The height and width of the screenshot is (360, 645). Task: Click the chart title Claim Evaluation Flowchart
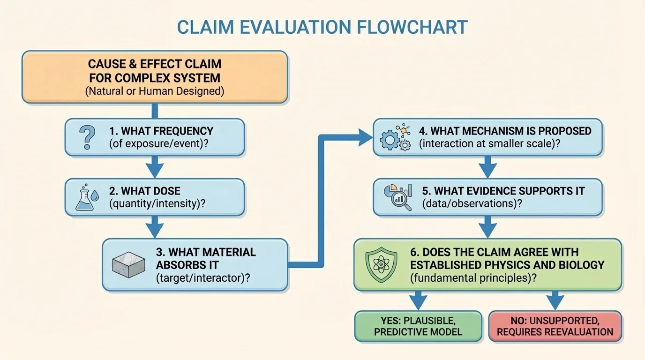pyautogui.click(x=322, y=27)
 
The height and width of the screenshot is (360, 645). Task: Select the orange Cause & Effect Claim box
pyautogui.click(x=155, y=77)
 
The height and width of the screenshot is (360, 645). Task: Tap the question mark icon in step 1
pyautogui.click(x=87, y=137)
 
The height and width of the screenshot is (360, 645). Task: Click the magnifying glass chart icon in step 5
pyautogui.click(x=397, y=197)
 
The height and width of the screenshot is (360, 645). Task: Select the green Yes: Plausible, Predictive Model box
pyautogui.click(x=418, y=326)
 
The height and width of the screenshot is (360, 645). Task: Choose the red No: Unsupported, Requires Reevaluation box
pyautogui.click(x=555, y=326)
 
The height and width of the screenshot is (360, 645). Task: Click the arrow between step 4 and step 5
pyautogui.click(x=487, y=167)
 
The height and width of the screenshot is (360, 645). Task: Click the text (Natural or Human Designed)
pyautogui.click(x=155, y=91)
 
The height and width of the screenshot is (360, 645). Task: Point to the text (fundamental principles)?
pyautogui.click(x=473, y=278)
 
